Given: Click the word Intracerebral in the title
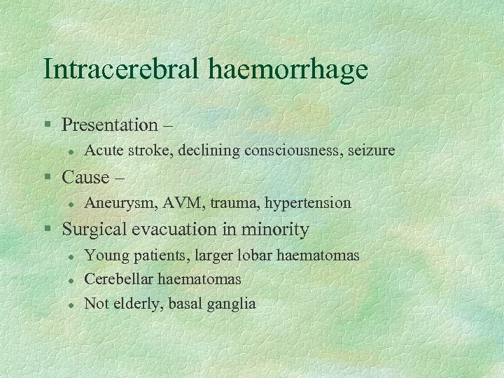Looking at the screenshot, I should click(122, 69).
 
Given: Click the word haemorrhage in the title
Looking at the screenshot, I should click(288, 69).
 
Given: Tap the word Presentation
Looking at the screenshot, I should click(110, 125).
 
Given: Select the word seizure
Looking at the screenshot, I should click(371, 150).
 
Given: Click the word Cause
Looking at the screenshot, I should click(86, 177).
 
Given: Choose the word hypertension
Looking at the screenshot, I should click(307, 203).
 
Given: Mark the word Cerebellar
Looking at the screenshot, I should click(118, 279).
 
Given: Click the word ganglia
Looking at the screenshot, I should click(232, 304).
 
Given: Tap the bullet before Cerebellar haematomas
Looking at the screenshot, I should click(71, 280).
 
